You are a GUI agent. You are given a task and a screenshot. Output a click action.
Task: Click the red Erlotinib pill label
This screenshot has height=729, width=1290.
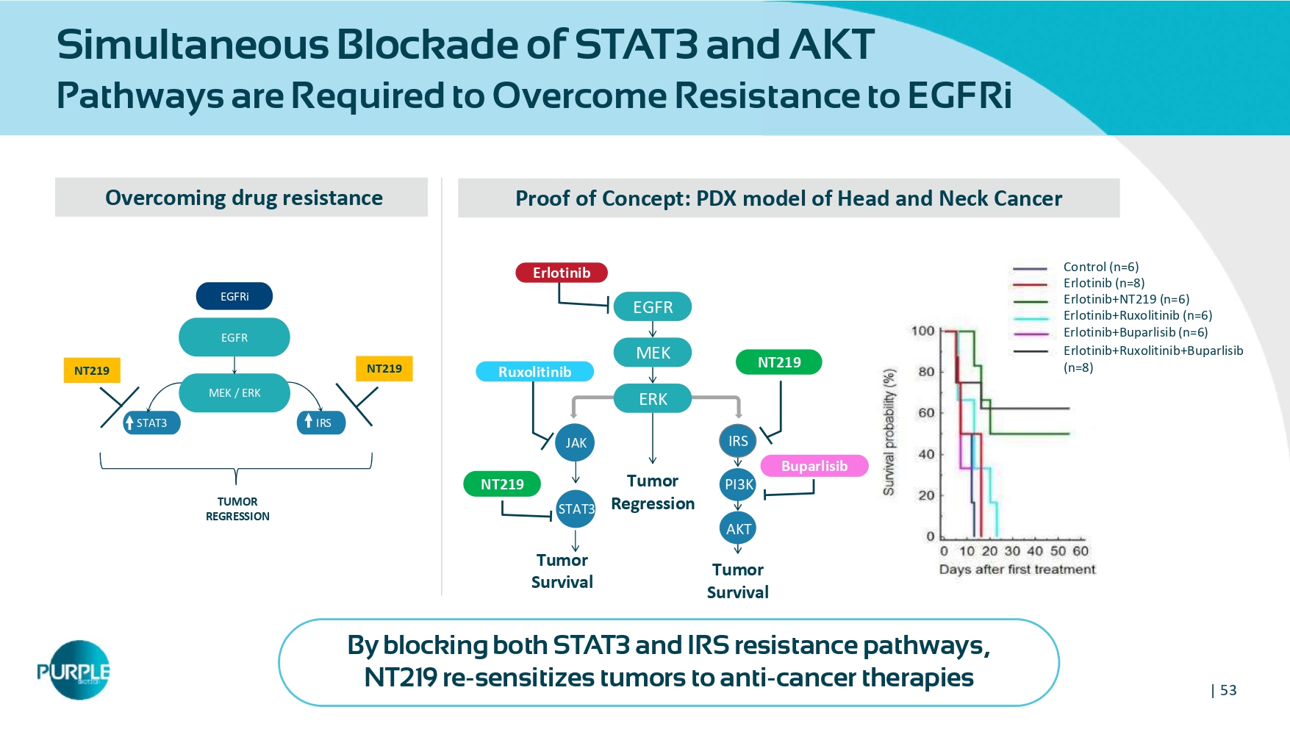click(x=562, y=273)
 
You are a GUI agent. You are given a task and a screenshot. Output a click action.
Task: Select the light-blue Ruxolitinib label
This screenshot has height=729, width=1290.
click(x=534, y=372)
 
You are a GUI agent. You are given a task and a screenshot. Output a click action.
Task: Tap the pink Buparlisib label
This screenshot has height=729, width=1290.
click(x=814, y=466)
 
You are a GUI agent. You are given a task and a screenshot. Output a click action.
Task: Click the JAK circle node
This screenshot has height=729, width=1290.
click(x=576, y=442)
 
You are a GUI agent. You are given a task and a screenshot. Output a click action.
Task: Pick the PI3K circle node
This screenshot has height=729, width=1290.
click(x=738, y=484)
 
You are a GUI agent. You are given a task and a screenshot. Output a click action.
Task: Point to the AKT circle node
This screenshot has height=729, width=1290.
click(x=738, y=529)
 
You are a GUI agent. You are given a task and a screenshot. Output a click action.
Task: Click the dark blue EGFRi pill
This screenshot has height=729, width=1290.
click(x=234, y=296)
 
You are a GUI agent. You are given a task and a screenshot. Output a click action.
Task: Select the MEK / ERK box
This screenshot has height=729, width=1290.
click(x=234, y=392)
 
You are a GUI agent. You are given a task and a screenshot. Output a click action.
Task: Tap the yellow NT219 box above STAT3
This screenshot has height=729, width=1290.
click(x=92, y=370)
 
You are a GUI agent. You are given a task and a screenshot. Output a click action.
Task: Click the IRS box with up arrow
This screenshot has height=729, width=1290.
click(x=321, y=423)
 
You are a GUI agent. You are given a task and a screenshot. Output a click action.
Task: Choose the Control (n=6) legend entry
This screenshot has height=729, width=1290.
click(x=1100, y=267)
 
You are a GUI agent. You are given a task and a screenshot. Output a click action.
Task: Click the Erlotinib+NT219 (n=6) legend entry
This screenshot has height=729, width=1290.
click(x=1126, y=299)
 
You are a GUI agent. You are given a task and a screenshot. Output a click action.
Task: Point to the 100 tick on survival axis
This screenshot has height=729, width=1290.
click(x=922, y=331)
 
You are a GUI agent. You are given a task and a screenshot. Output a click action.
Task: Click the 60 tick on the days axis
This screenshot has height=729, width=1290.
click(x=1080, y=551)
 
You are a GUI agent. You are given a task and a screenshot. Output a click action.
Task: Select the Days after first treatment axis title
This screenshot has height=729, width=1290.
click(x=1017, y=570)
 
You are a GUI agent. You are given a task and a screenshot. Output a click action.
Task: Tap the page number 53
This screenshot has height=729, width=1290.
click(x=1228, y=690)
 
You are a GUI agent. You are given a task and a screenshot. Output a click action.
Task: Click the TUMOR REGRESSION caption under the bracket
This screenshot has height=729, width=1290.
click(x=237, y=509)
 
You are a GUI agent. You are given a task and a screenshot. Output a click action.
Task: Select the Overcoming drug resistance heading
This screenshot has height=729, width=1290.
click(x=243, y=198)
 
